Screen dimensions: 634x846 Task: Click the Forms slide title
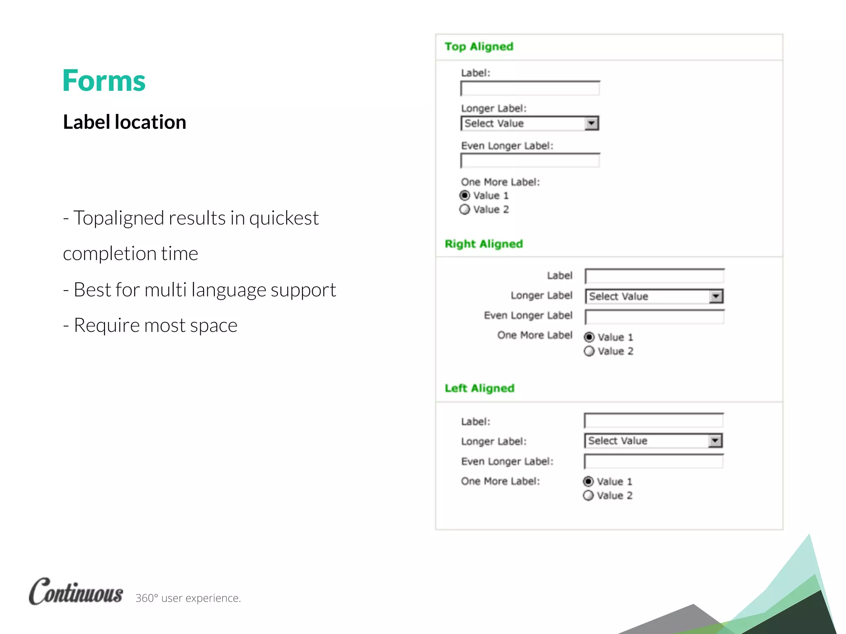click(x=104, y=81)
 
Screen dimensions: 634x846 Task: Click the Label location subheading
click(x=124, y=122)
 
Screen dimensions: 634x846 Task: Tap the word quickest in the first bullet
click(x=284, y=218)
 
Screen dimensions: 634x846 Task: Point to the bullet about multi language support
click(x=200, y=290)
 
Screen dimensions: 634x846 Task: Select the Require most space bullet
click(x=150, y=325)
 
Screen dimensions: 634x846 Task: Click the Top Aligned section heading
click(x=479, y=47)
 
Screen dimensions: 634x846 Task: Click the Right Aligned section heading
click(x=484, y=244)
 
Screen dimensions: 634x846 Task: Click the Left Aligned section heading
click(x=479, y=388)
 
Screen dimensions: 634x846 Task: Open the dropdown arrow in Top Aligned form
click(x=592, y=123)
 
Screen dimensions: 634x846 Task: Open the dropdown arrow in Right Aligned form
click(x=716, y=296)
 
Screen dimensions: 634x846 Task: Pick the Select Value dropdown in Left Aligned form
click(x=653, y=441)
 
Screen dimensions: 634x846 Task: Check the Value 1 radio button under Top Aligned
click(x=465, y=195)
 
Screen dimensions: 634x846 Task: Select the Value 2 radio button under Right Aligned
click(x=589, y=351)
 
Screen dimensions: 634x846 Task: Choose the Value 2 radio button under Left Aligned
click(x=588, y=495)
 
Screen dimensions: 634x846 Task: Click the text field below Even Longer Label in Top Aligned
click(x=530, y=161)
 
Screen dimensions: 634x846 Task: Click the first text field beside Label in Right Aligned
click(x=654, y=276)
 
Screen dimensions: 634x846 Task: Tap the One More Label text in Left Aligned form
click(x=500, y=481)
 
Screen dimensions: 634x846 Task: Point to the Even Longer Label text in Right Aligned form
click(x=528, y=315)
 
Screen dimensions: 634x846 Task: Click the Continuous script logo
click(x=76, y=592)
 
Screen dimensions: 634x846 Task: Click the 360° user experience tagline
click(x=188, y=598)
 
